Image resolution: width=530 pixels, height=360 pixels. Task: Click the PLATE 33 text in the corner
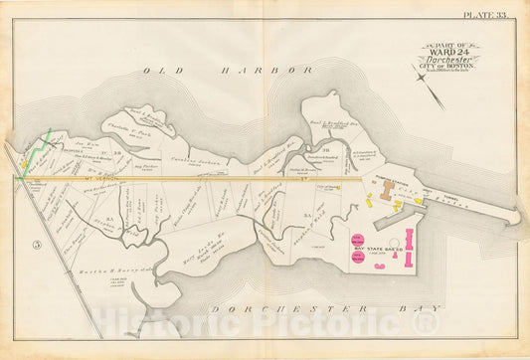pyautogui.click(x=485, y=14)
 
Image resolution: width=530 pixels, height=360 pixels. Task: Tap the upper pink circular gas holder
pyautogui.click(x=355, y=238)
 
